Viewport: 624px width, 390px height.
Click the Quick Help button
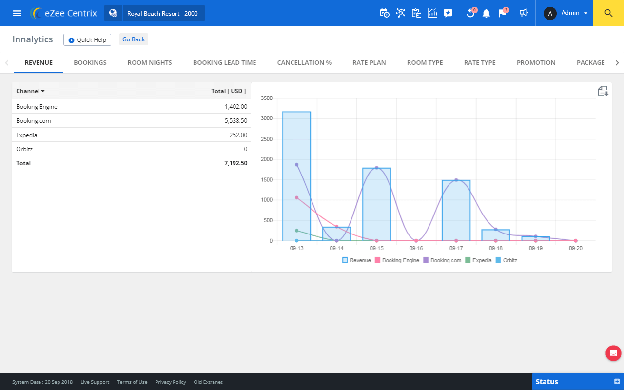pyautogui.click(x=87, y=40)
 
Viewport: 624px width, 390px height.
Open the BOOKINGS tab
pyautogui.click(x=90, y=62)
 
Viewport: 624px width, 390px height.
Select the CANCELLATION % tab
pyautogui.click(x=304, y=62)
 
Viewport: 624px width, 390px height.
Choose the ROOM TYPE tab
pyautogui.click(x=425, y=62)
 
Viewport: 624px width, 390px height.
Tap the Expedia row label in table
pyautogui.click(x=27, y=135)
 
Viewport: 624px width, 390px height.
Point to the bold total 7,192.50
pyautogui.click(x=235, y=163)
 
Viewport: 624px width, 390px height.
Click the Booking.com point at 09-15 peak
pyautogui.click(x=376, y=168)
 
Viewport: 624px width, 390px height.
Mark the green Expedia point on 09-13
pyautogui.click(x=296, y=231)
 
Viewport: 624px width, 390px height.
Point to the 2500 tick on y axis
pyautogui.click(x=267, y=139)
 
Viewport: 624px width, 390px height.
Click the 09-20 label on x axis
pyautogui.click(x=575, y=248)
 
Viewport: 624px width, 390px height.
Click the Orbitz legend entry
pyautogui.click(x=507, y=260)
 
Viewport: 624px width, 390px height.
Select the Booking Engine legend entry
pyautogui.click(x=397, y=260)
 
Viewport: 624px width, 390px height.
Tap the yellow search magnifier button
pyautogui.click(x=608, y=13)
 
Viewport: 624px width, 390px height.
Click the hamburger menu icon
pyautogui.click(x=17, y=13)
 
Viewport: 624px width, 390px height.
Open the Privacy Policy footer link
pyautogui.click(x=171, y=382)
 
